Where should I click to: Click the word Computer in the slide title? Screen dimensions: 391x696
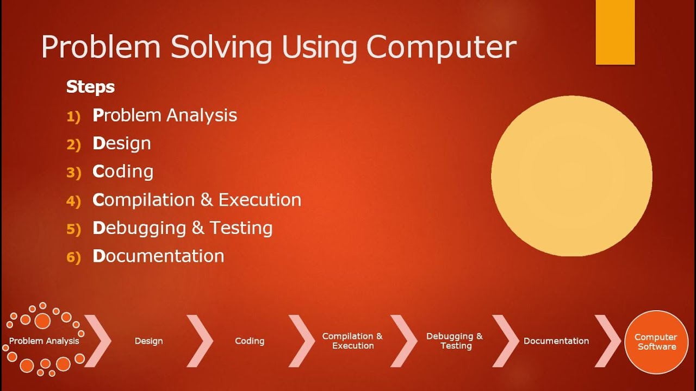click(441, 48)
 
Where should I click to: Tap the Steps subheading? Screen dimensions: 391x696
click(90, 87)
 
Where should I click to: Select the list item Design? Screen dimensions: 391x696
click(122, 143)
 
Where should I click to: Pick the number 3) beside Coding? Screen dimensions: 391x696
click(73, 173)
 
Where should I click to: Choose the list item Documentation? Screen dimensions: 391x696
click(158, 256)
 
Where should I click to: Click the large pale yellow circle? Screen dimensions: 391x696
click(571, 175)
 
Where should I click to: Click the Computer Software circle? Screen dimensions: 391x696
click(656, 342)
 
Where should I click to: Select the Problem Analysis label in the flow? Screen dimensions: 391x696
click(44, 341)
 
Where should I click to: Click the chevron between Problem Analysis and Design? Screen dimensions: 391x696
click(98, 340)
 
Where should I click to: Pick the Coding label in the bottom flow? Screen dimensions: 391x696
click(250, 341)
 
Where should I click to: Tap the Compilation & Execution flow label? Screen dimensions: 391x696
click(352, 340)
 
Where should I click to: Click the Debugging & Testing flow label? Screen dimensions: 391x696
click(455, 340)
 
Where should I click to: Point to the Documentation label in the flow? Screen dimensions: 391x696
click(556, 341)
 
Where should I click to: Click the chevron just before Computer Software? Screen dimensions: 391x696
click(607, 340)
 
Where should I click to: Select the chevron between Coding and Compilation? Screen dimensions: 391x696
click(302, 340)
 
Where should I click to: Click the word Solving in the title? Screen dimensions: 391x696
click(221, 48)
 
